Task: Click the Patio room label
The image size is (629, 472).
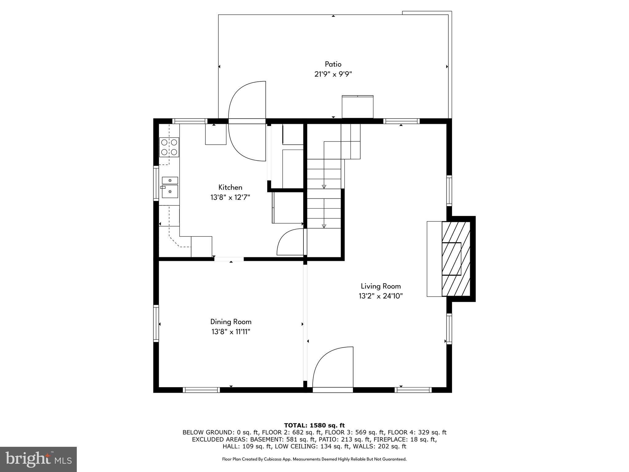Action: [333, 64]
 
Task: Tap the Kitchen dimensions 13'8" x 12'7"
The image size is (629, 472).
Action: [230, 197]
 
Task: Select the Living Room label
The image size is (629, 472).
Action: [381, 286]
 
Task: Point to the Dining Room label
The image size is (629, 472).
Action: [231, 322]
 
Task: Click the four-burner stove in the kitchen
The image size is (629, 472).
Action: [169, 147]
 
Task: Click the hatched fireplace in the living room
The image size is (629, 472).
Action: [456, 259]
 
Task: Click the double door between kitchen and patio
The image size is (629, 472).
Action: [247, 121]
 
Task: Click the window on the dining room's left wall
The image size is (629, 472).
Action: [156, 323]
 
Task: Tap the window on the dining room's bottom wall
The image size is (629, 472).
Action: [201, 390]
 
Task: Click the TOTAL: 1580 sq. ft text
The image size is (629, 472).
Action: [314, 425]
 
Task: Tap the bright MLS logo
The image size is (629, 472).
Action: [38, 459]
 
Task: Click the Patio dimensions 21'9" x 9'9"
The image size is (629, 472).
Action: [333, 74]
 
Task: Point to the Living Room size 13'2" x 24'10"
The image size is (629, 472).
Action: [381, 296]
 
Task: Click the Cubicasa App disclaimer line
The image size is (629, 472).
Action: [314, 459]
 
